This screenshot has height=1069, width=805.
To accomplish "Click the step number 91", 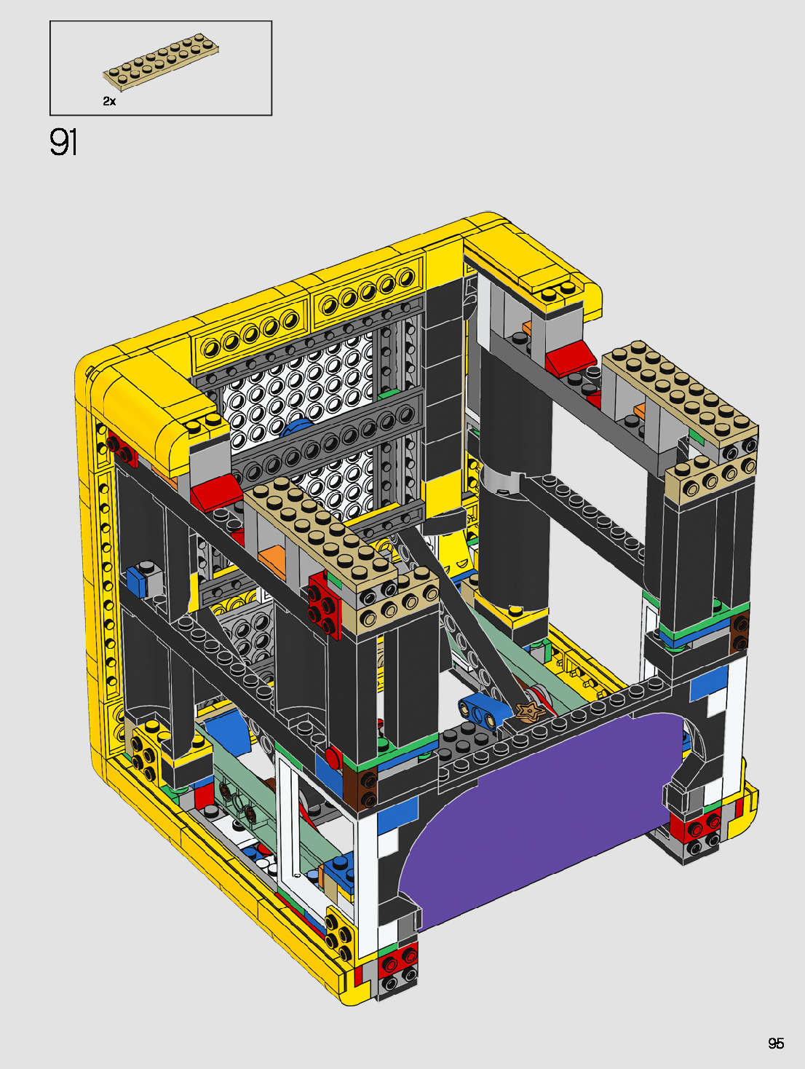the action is click(x=63, y=143).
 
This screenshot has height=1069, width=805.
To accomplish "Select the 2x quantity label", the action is click(x=109, y=101).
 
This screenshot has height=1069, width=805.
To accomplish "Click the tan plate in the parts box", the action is click(x=161, y=63).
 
